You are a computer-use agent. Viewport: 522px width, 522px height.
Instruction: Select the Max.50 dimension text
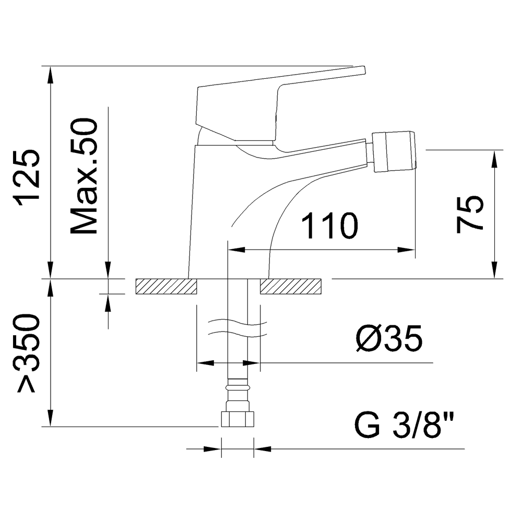pyautogui.click(x=84, y=176)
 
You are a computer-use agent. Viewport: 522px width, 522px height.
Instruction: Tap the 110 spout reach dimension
pyautogui.click(x=330, y=226)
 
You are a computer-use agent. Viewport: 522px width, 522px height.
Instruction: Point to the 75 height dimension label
pyautogui.click(x=469, y=215)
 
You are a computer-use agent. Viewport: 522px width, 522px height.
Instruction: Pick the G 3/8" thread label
pyautogui.click(x=404, y=425)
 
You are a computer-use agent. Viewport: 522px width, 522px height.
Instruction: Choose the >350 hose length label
pyautogui.click(x=27, y=352)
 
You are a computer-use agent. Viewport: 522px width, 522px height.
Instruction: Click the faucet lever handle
pyautogui.click(x=281, y=104)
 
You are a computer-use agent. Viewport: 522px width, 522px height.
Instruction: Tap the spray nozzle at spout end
pyautogui.click(x=394, y=151)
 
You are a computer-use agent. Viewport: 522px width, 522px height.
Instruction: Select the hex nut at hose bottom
pyautogui.click(x=238, y=419)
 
